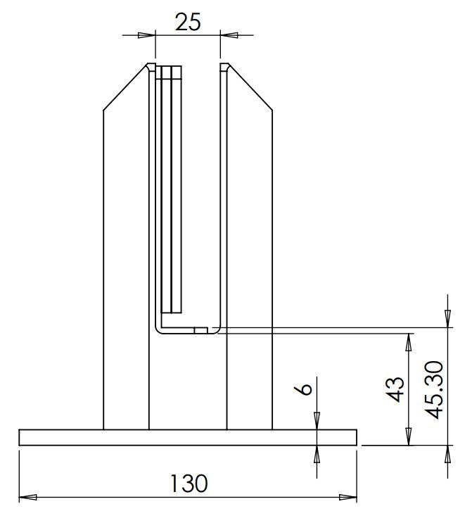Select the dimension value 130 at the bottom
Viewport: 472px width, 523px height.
point(189,484)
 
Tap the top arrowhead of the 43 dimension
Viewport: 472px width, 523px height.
point(408,341)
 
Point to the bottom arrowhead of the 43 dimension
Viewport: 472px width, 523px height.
point(408,438)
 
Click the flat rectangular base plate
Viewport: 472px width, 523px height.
point(188,437)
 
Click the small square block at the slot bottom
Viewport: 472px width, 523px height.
point(200,329)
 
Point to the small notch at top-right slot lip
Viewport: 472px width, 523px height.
point(224,67)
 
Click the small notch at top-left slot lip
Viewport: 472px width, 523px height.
point(151,67)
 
